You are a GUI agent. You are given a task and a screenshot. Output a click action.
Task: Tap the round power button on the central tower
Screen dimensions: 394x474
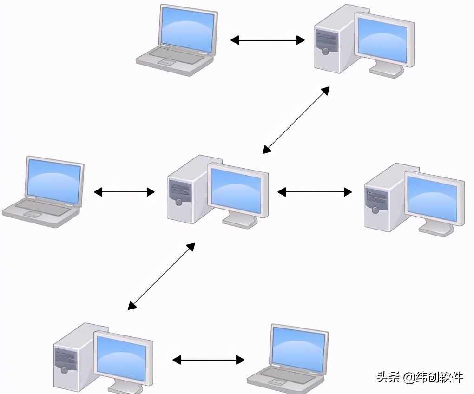click(179, 202)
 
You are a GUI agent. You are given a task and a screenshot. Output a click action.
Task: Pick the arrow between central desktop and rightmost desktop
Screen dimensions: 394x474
click(315, 191)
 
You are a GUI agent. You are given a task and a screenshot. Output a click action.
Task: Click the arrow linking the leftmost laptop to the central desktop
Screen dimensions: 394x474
click(124, 191)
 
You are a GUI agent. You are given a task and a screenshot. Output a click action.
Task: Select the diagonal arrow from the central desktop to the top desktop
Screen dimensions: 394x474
click(296, 120)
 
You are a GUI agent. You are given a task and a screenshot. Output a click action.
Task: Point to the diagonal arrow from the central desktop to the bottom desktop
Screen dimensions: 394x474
click(161, 276)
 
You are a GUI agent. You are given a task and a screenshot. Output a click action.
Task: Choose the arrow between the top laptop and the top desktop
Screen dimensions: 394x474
click(268, 40)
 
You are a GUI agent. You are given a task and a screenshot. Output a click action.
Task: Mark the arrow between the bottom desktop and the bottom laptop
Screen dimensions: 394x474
click(208, 360)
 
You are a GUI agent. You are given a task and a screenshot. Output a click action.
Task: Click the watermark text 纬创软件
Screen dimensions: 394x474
click(439, 377)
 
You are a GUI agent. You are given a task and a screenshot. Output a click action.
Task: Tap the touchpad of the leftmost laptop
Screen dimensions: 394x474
click(32, 214)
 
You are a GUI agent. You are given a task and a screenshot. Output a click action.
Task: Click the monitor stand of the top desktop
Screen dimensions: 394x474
click(385, 70)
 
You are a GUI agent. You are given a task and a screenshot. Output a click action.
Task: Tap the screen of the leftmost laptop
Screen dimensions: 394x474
click(54, 181)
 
